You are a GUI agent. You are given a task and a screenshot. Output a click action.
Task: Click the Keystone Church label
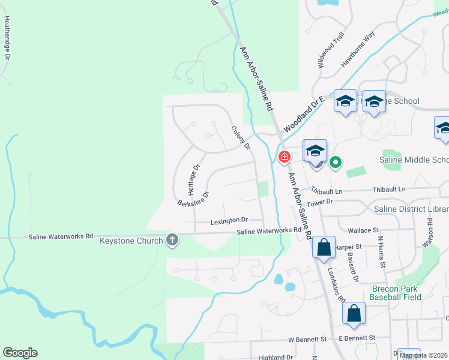[131, 241]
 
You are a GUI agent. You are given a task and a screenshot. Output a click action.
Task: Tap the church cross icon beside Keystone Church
[172, 241]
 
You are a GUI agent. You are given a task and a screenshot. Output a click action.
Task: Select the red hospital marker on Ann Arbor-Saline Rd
[284, 157]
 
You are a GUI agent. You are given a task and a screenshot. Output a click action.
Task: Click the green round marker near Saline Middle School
[335, 162]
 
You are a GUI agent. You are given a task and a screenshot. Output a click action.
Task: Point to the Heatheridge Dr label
[8, 38]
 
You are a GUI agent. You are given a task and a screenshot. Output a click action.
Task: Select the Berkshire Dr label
[193, 199]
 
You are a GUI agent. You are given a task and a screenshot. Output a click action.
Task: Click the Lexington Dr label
[229, 221]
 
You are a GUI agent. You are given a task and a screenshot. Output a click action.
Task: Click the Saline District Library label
[411, 209]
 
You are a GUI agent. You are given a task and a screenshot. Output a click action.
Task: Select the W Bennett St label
[307, 339]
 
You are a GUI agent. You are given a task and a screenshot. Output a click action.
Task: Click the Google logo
[20, 353]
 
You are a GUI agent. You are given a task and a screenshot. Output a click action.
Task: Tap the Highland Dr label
[276, 357]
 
